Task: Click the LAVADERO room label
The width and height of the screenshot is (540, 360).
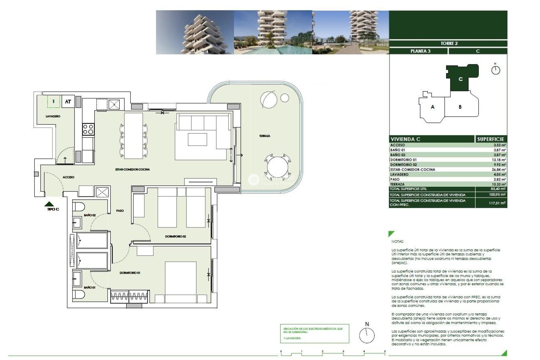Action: [x=53, y=116]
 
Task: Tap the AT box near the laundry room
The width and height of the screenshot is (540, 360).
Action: [x=68, y=102]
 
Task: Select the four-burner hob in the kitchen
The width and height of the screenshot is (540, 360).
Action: [x=88, y=130]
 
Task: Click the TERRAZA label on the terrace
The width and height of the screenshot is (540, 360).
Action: [x=264, y=136]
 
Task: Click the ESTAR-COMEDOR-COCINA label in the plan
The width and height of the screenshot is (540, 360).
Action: [x=132, y=169]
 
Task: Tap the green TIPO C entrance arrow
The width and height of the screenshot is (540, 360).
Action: [x=49, y=204]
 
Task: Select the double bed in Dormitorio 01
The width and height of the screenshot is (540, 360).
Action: [x=180, y=281]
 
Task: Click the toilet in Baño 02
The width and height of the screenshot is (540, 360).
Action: [x=79, y=206]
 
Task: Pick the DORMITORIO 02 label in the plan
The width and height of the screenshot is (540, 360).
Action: [x=175, y=237]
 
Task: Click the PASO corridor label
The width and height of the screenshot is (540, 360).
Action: [x=120, y=211]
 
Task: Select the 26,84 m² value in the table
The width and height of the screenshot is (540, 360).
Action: [x=499, y=170]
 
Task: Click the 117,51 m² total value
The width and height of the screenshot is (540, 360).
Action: [x=497, y=203]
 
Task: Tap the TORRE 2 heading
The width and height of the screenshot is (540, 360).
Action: [x=449, y=43]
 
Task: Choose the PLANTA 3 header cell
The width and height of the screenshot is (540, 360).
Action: [x=420, y=51]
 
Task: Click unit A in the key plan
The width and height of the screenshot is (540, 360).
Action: [x=432, y=107]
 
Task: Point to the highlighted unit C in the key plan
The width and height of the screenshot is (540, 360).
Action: [x=460, y=79]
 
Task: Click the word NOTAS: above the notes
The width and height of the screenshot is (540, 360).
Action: [x=397, y=241]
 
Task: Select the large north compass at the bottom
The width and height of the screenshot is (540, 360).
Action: [x=367, y=335]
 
